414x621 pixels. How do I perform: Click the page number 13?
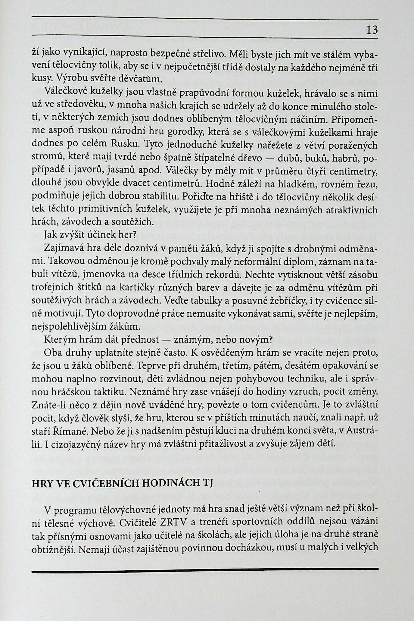372,30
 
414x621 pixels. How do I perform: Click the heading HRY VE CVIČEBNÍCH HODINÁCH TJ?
122,483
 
